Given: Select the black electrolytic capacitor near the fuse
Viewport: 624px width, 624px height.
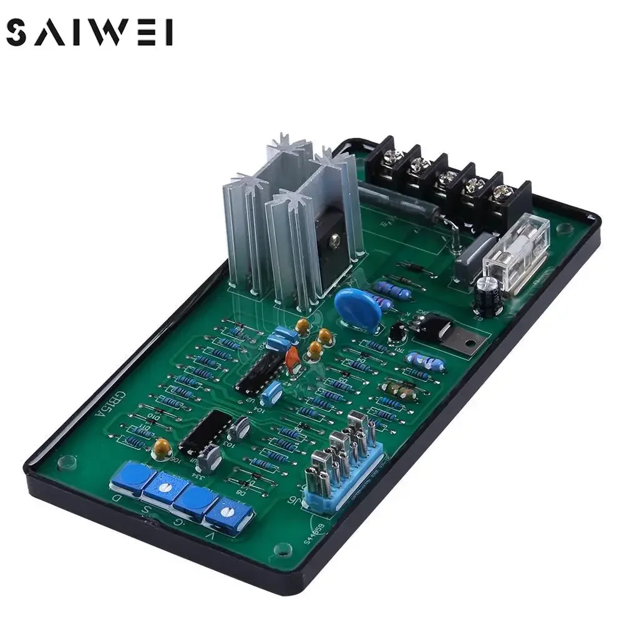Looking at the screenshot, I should click(487, 294).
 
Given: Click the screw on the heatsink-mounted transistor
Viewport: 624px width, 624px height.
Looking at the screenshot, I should click(336, 238).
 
